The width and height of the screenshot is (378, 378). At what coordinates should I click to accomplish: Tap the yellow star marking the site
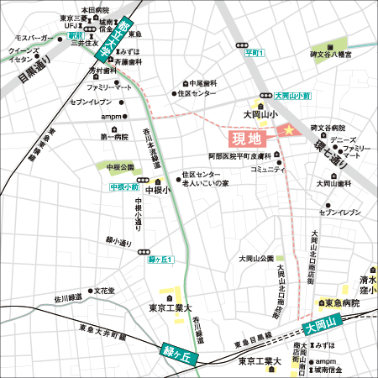click(286, 130)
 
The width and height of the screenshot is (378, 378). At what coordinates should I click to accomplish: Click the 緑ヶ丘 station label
click(177, 353)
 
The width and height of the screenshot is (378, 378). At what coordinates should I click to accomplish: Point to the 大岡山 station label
click(320, 323)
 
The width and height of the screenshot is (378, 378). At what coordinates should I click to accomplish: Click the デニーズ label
click(342, 139)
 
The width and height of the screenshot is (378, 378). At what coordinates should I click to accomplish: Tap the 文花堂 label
click(104, 291)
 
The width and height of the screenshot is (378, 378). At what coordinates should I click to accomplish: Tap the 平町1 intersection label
click(254, 53)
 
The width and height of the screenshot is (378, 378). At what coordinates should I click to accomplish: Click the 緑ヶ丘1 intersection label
click(160, 260)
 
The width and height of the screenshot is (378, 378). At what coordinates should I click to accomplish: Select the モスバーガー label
click(34, 39)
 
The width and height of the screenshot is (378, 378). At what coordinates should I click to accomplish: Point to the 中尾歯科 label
click(202, 83)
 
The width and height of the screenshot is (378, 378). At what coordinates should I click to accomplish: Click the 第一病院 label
click(114, 136)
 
